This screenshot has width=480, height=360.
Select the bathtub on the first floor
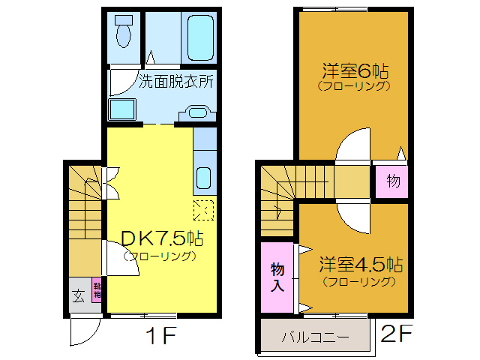[199, 37]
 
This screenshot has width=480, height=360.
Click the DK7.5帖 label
[162, 238]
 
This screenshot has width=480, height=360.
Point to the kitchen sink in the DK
[204, 179]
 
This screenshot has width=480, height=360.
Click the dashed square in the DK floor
[204, 210]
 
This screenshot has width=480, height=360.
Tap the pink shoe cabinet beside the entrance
[97, 289]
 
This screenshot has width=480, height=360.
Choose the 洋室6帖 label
[355, 72]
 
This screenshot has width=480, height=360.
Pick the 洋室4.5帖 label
[361, 265]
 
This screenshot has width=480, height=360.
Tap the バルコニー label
[315, 336]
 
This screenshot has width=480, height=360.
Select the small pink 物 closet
[392, 181]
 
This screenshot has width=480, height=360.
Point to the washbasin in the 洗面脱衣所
[196, 113]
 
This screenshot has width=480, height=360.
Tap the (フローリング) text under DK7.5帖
[160, 256]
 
